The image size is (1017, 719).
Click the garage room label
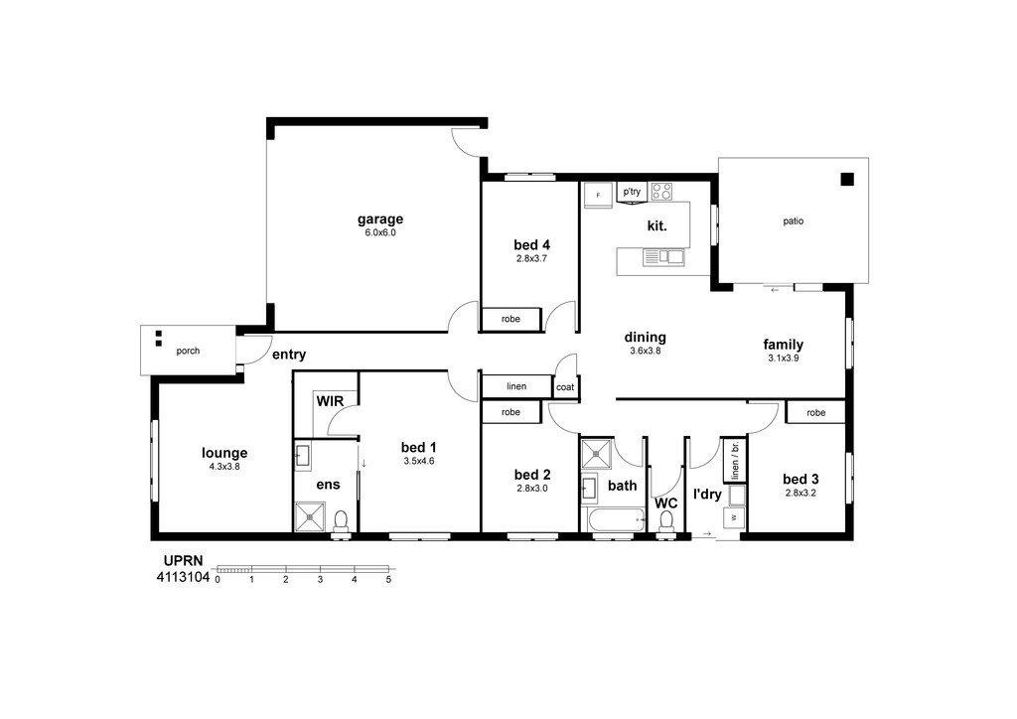click(380, 219)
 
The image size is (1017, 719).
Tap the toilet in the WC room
click(666, 523)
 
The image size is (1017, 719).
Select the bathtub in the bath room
click(615, 520)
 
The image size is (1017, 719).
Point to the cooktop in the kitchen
click(661, 192)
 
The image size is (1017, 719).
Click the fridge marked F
click(597, 195)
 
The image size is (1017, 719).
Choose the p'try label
click(632, 192)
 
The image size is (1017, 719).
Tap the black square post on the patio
click(847, 180)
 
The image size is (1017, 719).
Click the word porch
click(188, 351)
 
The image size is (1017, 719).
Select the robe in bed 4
click(510, 319)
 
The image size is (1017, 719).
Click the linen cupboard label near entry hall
click(516, 386)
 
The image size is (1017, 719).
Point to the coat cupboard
click(565, 387)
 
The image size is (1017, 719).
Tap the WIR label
click(330, 401)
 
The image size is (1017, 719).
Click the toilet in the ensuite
click(341, 523)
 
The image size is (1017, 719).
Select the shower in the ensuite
click(310, 517)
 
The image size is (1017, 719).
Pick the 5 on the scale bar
click(388, 580)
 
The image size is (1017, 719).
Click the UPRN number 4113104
click(183, 577)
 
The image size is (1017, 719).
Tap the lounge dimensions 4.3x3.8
click(224, 466)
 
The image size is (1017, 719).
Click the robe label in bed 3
click(816, 412)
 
